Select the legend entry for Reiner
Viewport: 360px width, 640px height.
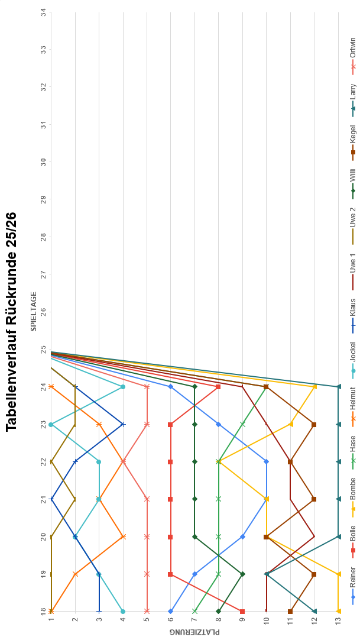click(x=353, y=588)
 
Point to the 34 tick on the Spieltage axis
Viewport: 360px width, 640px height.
click(x=44, y=11)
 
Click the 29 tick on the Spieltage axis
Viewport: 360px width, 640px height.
click(x=44, y=199)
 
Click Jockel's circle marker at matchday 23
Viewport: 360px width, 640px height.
click(x=51, y=424)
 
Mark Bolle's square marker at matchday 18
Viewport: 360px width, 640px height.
click(x=242, y=611)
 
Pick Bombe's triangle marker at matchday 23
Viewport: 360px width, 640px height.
click(x=290, y=424)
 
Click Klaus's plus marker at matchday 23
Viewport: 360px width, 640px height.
click(x=123, y=424)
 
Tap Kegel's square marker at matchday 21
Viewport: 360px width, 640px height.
click(x=314, y=499)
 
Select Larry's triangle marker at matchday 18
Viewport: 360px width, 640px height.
click(x=314, y=611)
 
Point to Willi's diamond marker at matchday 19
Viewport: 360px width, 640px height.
click(x=242, y=574)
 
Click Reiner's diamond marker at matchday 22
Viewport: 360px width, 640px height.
click(x=266, y=461)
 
